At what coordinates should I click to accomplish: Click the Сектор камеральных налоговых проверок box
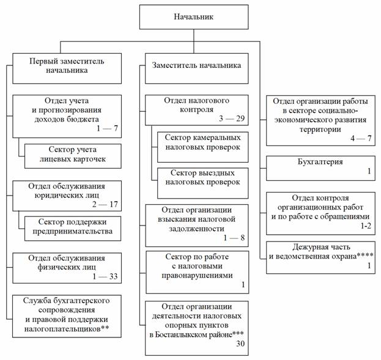pos(202,142)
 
